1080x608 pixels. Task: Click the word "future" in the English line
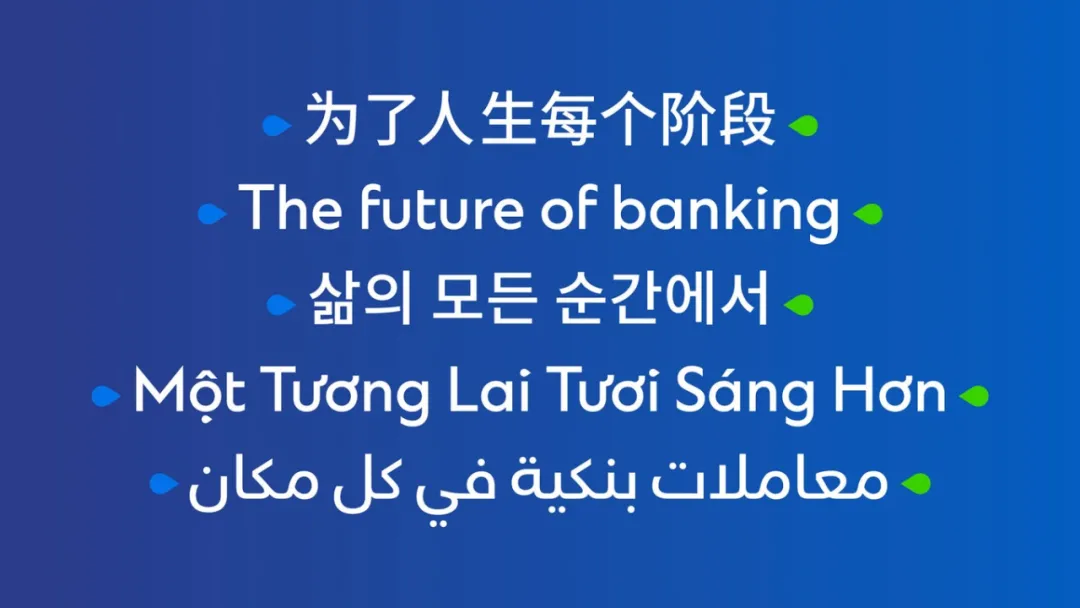[x=439, y=207]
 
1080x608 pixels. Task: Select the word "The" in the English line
[x=289, y=207]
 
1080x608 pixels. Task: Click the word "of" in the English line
[x=567, y=207]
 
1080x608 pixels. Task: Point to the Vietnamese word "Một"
[x=189, y=391]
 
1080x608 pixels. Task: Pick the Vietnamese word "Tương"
[x=347, y=394]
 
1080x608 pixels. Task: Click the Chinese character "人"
[x=446, y=120]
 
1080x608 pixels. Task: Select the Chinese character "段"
[x=748, y=120]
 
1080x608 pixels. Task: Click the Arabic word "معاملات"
[x=769, y=481]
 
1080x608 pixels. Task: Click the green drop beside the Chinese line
[x=803, y=125]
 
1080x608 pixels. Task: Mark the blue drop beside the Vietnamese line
[x=106, y=396]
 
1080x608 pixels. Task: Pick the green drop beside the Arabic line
[x=916, y=483]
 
